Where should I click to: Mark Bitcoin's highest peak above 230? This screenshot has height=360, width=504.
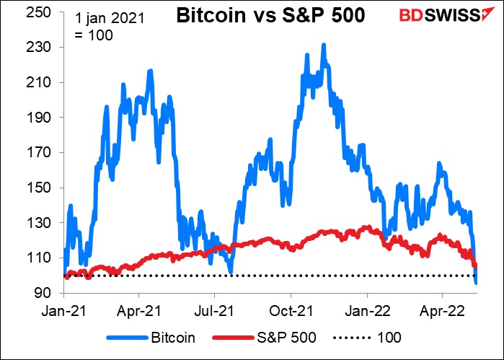point(324,45)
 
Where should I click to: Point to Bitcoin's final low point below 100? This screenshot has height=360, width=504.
point(476,283)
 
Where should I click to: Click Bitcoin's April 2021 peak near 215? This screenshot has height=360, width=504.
point(150,71)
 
